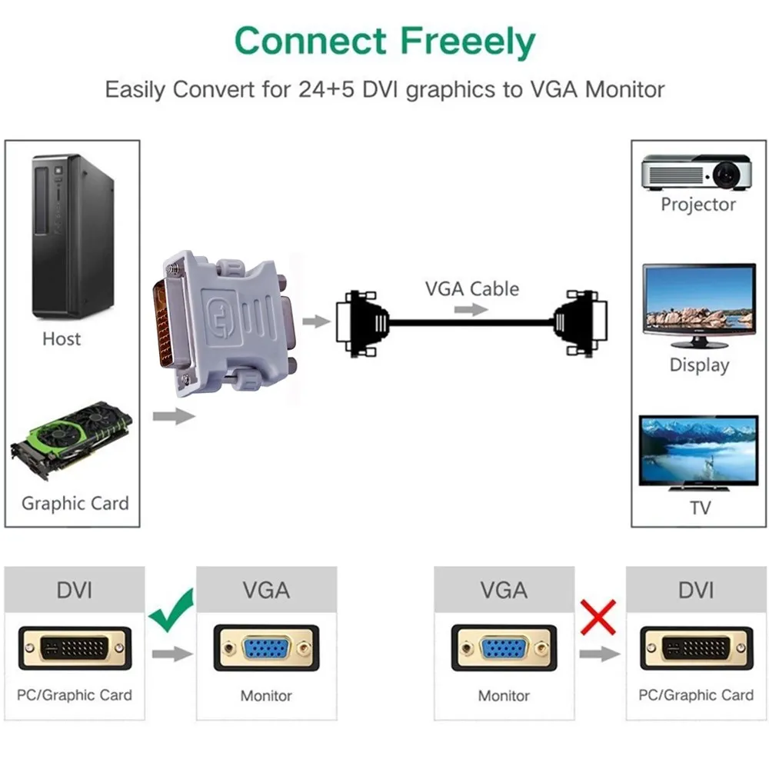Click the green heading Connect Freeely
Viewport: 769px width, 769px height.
tap(384, 42)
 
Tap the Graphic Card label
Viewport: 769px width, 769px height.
tap(75, 504)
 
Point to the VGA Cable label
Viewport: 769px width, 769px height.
tap(472, 289)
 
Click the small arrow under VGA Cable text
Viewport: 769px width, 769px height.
tap(471, 310)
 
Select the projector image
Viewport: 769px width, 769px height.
tap(697, 172)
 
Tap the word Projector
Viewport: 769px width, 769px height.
tap(698, 205)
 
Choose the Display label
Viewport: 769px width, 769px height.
tap(699, 365)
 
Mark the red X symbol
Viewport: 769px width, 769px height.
tap(599, 617)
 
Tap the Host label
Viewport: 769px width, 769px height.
tap(62, 339)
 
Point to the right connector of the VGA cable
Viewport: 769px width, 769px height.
tap(583, 323)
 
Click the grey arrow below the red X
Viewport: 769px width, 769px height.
tap(599, 654)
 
